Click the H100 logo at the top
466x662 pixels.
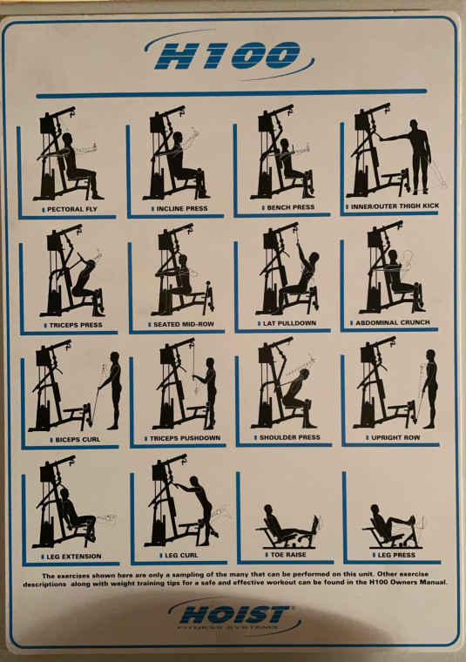[228, 55]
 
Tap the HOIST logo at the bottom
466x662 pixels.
[234, 617]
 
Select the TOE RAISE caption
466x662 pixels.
[288, 554]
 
